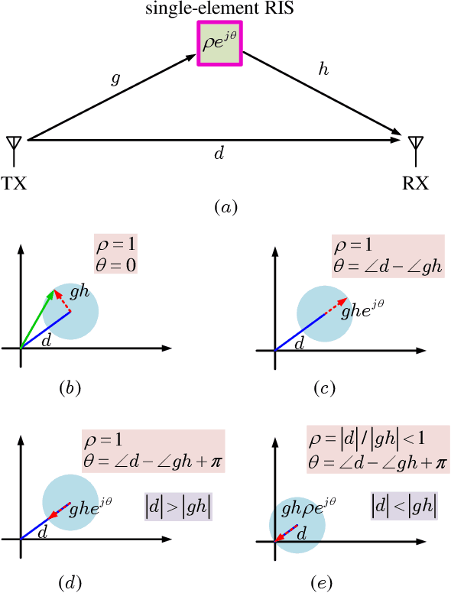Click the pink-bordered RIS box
point(220,45)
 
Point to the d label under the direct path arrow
point(219,154)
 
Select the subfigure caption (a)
point(227,206)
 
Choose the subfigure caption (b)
point(70,387)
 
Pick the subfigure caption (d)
point(70,583)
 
